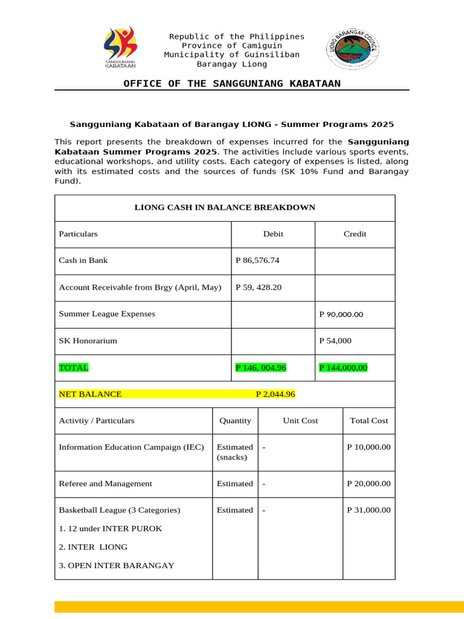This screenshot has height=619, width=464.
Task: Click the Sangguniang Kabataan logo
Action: click(121, 48)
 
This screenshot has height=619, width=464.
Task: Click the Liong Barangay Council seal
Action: click(353, 49)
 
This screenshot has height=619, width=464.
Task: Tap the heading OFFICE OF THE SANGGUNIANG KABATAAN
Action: click(232, 83)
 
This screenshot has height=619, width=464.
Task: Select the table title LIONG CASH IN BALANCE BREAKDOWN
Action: click(225, 207)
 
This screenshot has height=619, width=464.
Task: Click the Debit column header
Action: click(273, 234)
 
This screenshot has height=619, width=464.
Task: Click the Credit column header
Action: click(355, 234)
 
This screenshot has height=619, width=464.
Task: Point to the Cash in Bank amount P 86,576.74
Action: click(257, 261)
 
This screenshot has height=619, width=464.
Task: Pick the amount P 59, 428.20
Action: click(259, 287)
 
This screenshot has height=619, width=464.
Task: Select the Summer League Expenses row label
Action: click(107, 314)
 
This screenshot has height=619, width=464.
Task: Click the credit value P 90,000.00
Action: click(341, 314)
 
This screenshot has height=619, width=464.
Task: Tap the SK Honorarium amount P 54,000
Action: click(335, 341)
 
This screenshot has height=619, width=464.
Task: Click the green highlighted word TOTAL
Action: click(73, 368)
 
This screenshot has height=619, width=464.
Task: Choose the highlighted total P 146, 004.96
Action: click(261, 368)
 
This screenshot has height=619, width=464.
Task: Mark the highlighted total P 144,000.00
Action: click(343, 368)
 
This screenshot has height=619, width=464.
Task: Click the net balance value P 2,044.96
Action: click(275, 394)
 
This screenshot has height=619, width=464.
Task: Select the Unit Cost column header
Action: click(300, 421)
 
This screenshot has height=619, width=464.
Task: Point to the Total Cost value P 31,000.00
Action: click(369, 510)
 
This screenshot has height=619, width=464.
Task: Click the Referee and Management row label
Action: click(105, 484)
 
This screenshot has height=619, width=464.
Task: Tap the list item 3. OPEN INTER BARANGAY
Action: click(117, 566)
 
